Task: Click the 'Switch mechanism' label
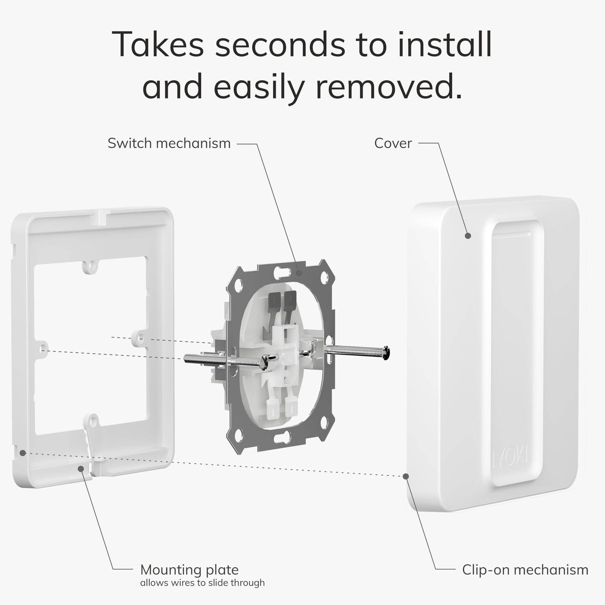click(x=169, y=143)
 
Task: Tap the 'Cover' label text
click(x=393, y=143)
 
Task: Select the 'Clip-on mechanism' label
click(x=525, y=570)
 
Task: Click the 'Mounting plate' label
click(x=189, y=570)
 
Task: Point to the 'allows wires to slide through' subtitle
click(x=202, y=583)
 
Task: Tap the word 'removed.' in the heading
click(x=389, y=87)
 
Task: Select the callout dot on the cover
click(x=468, y=236)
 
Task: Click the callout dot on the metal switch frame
click(x=299, y=273)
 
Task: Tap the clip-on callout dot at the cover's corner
click(x=406, y=476)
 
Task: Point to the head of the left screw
click(x=265, y=362)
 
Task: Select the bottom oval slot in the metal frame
click(x=282, y=438)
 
